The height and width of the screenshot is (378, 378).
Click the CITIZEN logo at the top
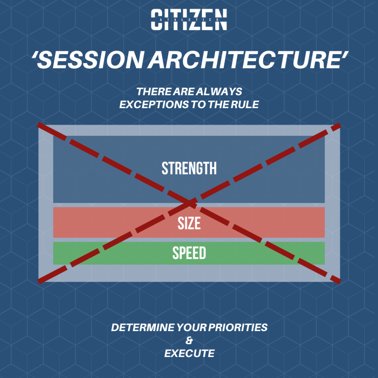[189, 20]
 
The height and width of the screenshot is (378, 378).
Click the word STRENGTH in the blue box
[189, 168]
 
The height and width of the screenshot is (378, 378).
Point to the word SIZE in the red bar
[189, 223]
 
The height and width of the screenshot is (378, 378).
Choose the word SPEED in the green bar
[189, 253]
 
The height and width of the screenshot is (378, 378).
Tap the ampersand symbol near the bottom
[189, 340]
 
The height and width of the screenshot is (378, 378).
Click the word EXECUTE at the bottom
[189, 353]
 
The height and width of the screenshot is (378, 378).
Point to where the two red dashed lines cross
[190, 202]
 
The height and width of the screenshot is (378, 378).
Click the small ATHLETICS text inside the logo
[189, 20]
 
